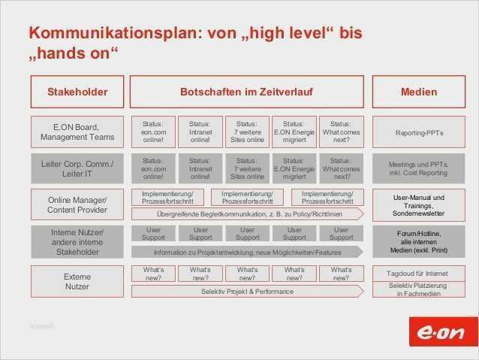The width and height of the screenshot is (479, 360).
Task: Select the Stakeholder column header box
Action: tap(77, 92)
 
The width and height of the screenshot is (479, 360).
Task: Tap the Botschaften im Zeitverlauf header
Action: tap(246, 92)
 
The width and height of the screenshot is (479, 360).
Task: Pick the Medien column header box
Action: tap(419, 92)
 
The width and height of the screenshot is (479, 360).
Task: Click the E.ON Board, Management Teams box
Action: tap(77, 132)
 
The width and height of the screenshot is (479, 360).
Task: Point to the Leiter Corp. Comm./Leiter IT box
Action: tap(77, 168)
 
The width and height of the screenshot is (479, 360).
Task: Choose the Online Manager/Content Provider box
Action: tap(77, 205)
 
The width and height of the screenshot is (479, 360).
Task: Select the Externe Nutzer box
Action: tap(77, 281)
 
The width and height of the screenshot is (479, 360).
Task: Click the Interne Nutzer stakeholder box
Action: tap(77, 242)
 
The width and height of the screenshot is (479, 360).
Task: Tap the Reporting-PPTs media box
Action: tap(419, 133)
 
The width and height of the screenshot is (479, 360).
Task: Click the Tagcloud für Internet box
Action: tap(419, 274)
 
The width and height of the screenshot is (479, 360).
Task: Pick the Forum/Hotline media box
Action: tap(419, 242)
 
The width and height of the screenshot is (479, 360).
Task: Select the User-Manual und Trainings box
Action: tap(419, 205)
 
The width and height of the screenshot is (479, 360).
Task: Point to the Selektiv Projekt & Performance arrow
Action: tap(247, 291)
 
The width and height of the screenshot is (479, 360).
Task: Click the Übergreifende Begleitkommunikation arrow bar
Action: tap(247, 214)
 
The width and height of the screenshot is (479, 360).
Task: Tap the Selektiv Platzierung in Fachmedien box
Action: tap(419, 289)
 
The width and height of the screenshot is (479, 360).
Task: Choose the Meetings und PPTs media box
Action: tap(419, 169)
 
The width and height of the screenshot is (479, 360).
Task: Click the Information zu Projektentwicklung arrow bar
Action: tap(247, 253)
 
